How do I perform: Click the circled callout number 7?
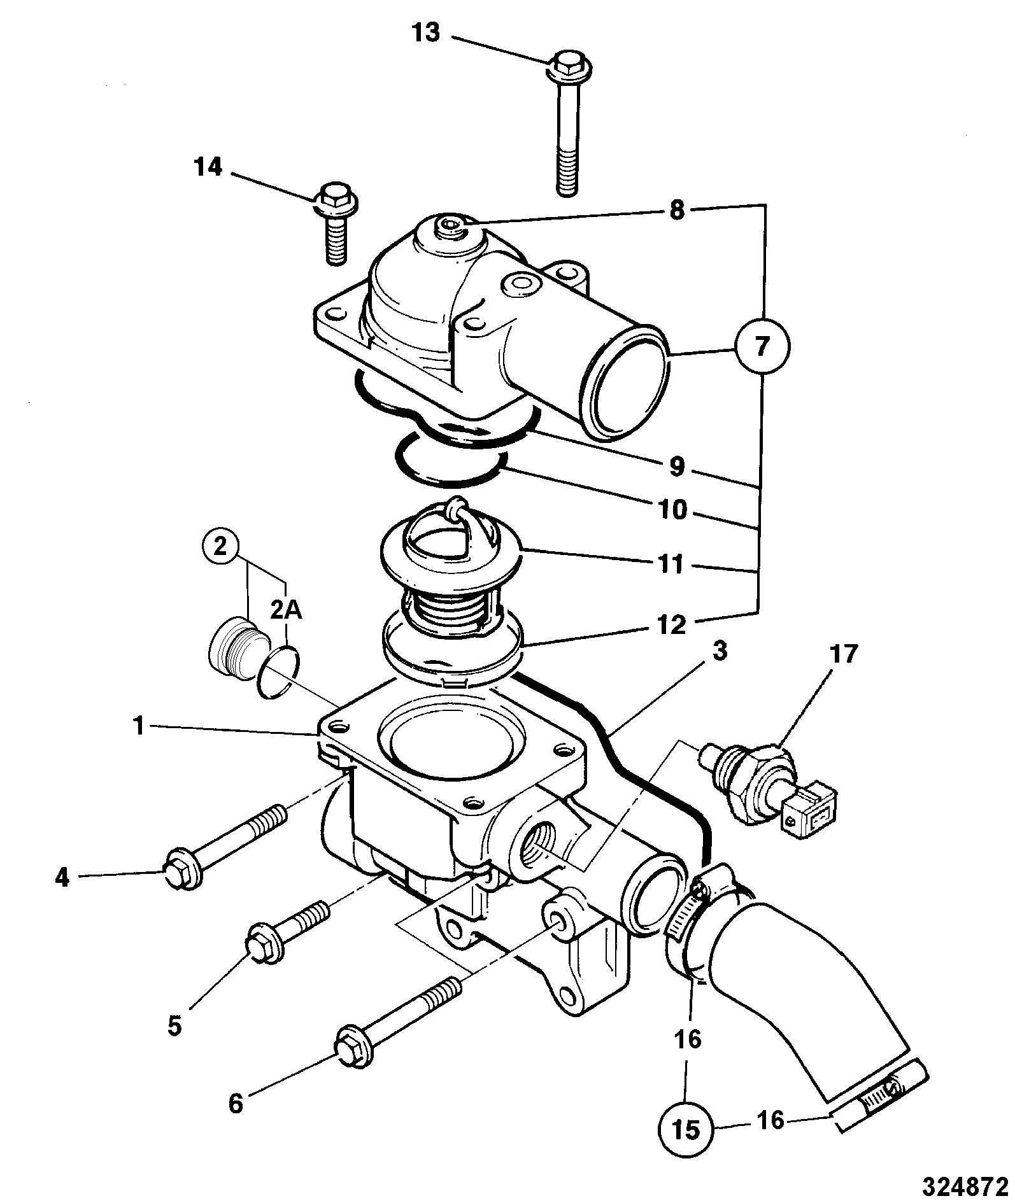coord(762,347)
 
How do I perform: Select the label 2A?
coord(287,610)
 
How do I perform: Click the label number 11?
coord(671,563)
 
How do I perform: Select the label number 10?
coord(672,509)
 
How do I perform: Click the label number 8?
coord(677,210)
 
